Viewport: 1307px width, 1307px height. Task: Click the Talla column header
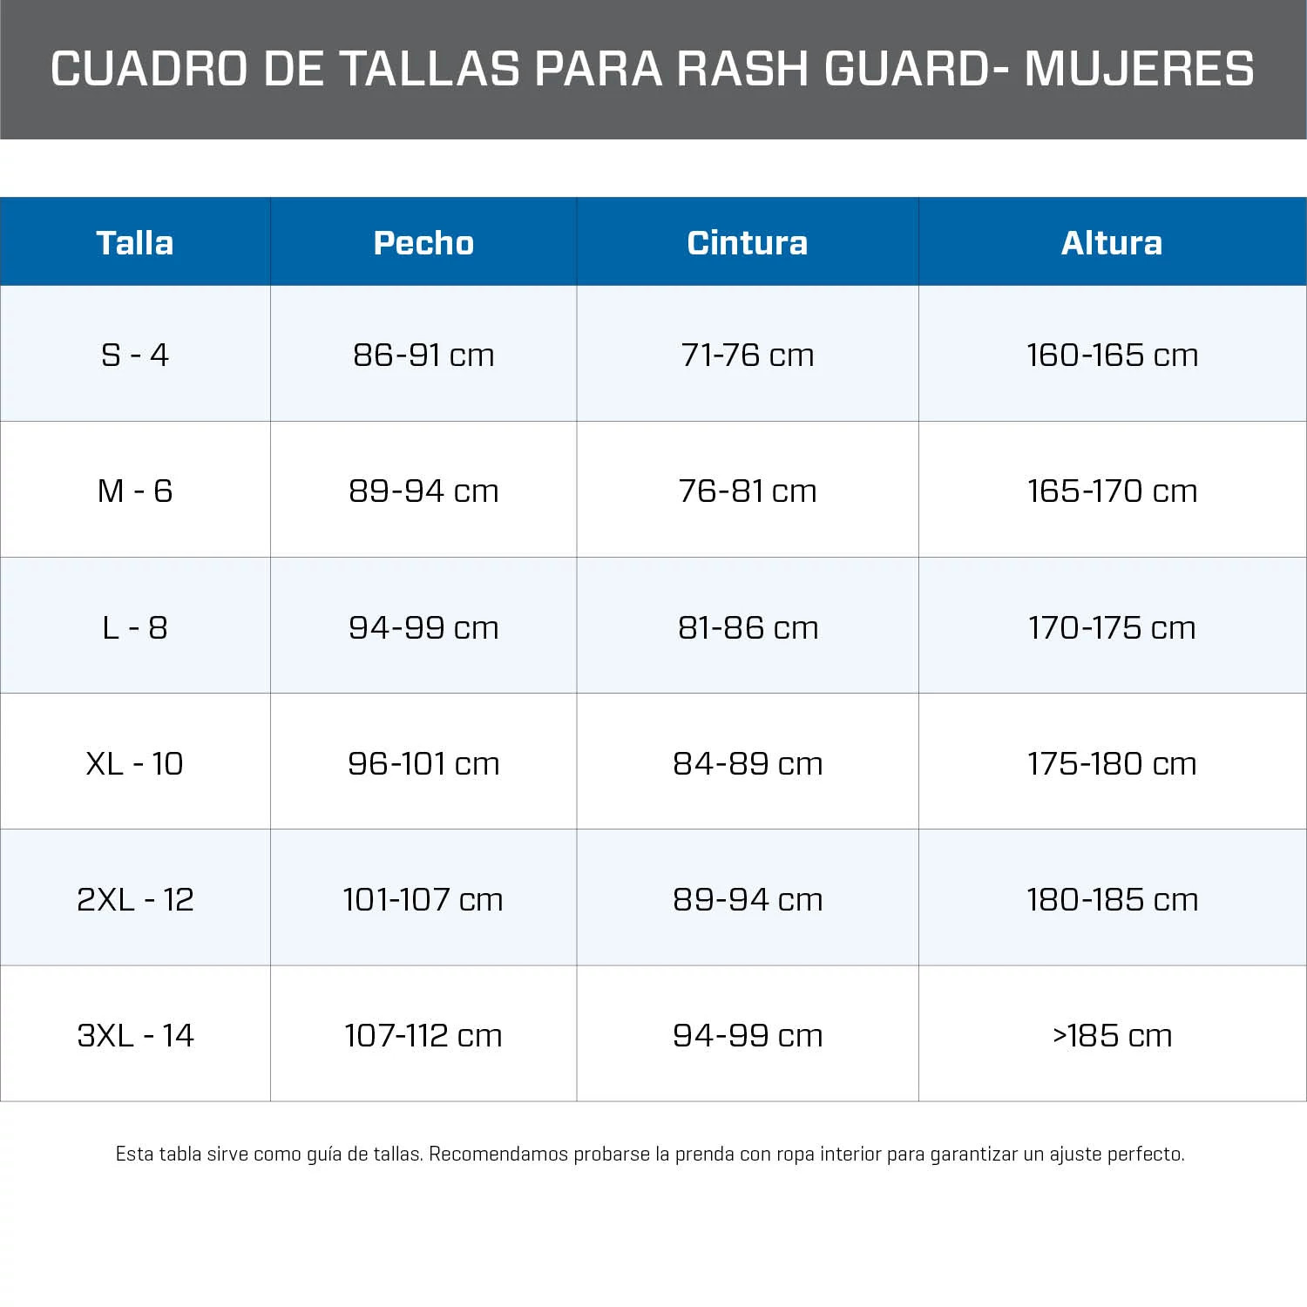pyautogui.click(x=135, y=242)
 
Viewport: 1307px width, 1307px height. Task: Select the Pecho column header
pyautogui.click(x=423, y=242)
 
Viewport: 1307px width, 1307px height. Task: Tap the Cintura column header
pyautogui.click(x=748, y=242)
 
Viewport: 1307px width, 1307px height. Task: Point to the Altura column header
pyautogui.click(x=1112, y=242)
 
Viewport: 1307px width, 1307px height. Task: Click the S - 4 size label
pyautogui.click(x=135, y=355)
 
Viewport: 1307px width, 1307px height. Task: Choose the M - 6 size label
pyautogui.click(x=135, y=491)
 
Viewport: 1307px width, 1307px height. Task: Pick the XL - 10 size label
pyautogui.click(x=135, y=763)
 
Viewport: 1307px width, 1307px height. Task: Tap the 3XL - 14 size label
pyautogui.click(x=135, y=1035)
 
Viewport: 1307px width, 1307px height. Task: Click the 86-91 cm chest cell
pyautogui.click(x=423, y=355)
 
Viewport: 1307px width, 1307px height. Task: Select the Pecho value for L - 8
pyautogui.click(x=423, y=627)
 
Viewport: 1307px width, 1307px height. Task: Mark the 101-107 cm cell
pyautogui.click(x=423, y=899)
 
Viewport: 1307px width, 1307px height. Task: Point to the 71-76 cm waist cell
pyautogui.click(x=748, y=355)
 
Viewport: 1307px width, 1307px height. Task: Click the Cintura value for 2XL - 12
pyautogui.click(x=748, y=899)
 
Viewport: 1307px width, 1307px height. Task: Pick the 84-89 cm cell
pyautogui.click(x=748, y=763)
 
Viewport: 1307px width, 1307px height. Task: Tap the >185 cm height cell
pyautogui.click(x=1112, y=1035)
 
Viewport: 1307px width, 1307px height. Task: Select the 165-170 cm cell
pyautogui.click(x=1112, y=491)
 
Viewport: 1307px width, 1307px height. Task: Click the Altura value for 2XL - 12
pyautogui.click(x=1112, y=899)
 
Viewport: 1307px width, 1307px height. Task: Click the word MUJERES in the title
pyautogui.click(x=1139, y=69)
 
